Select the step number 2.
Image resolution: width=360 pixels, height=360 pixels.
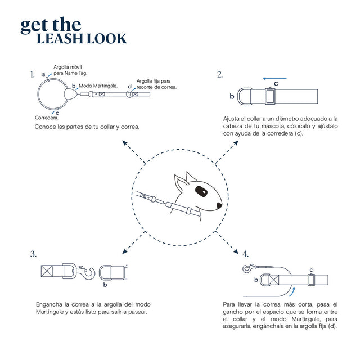coord(220,74)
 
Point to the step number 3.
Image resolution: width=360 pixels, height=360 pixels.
coord(34,254)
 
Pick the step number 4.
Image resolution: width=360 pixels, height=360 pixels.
coord(245,254)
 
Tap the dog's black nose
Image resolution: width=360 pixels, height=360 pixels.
coord(219,205)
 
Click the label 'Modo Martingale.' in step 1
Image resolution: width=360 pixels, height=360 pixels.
coord(98,85)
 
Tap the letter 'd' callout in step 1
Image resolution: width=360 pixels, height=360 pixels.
coord(130,87)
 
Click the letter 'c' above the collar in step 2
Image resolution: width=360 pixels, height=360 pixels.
coord(276,84)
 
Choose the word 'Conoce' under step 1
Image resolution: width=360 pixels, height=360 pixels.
coord(46,127)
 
